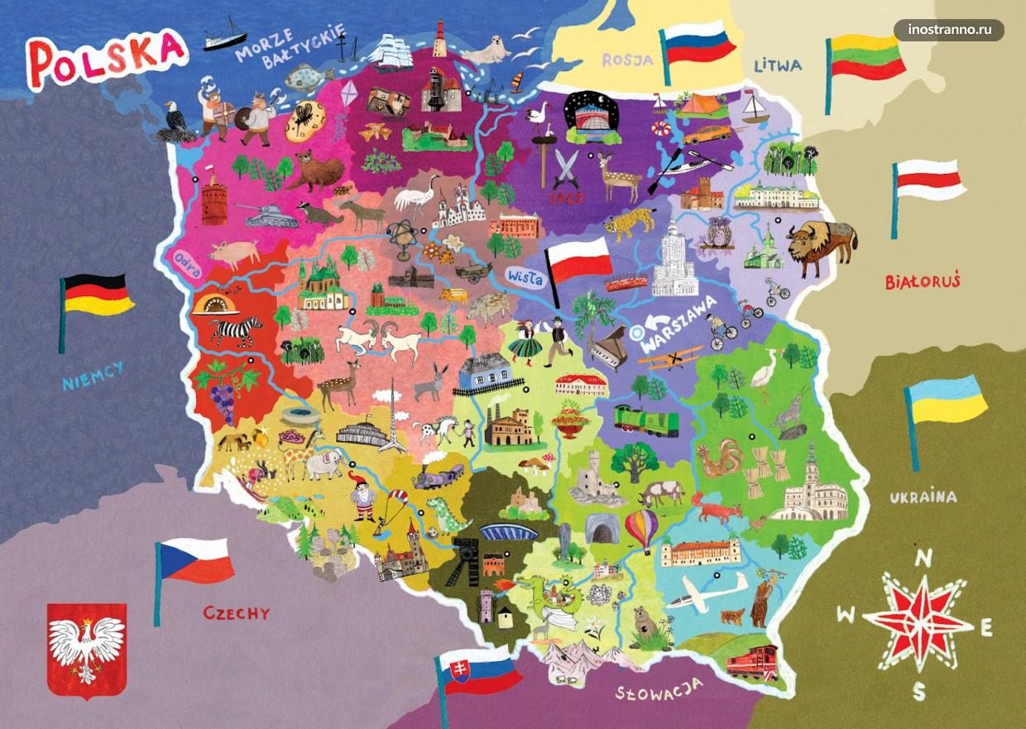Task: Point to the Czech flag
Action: coord(195,560)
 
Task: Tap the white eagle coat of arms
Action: coord(86,646)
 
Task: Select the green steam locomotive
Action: coord(646,420)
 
